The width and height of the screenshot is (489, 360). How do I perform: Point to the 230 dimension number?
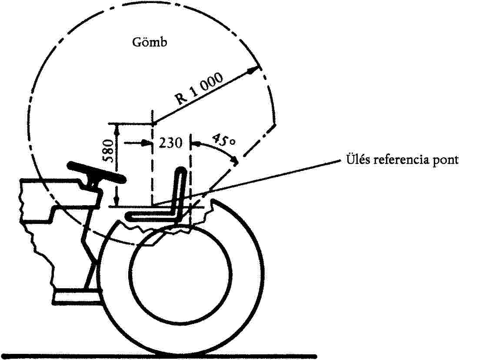170,143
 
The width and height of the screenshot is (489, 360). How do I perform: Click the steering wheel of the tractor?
96,172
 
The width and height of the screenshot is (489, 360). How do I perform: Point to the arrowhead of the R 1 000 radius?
256,68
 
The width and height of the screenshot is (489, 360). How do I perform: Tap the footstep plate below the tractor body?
76,297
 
